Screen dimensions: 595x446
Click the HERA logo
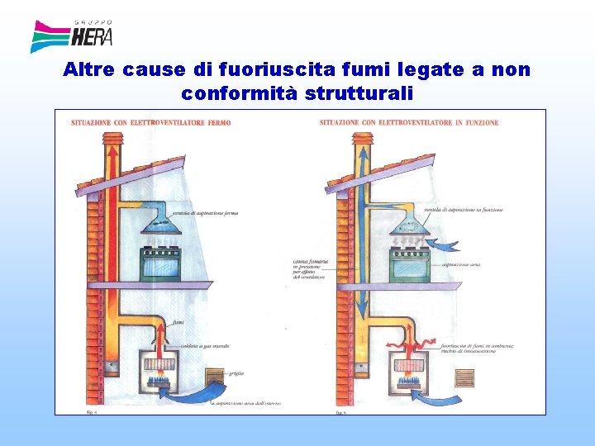click(x=71, y=36)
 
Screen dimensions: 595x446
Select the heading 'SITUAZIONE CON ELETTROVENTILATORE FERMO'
click(x=151, y=123)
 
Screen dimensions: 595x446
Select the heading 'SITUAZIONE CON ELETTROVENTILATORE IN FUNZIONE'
click(x=409, y=123)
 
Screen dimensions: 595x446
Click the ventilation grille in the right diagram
click(x=465, y=377)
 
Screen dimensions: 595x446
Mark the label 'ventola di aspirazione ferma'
click(x=206, y=213)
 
